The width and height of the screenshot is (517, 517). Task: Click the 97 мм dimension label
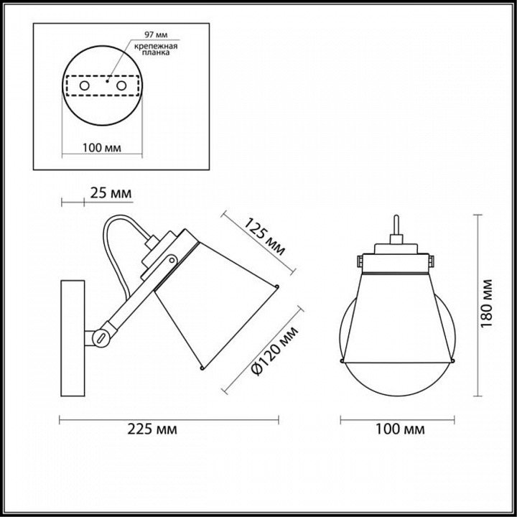156,34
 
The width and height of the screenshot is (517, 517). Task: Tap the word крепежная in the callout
156,46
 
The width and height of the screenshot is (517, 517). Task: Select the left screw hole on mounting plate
85,85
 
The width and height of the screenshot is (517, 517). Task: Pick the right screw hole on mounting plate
121,85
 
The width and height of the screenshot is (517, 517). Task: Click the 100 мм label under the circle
101,148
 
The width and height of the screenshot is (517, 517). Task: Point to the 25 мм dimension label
111,193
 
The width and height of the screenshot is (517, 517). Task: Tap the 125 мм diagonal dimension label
264,236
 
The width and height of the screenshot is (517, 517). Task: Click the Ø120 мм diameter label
274,351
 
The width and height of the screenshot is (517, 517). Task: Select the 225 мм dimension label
152,429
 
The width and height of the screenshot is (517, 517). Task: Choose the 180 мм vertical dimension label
486,304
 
